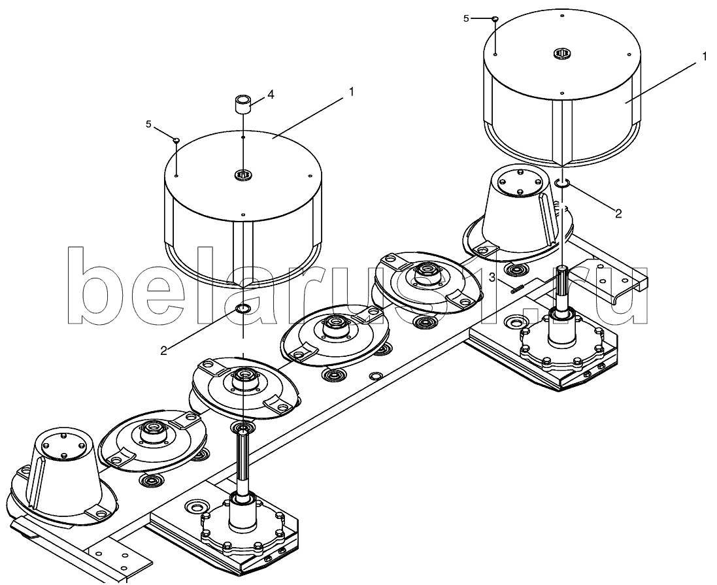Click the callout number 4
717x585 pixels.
[271, 94]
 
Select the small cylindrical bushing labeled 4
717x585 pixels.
[243, 105]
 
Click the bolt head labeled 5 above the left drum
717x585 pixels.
[176, 140]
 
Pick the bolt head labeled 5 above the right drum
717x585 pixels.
[495, 18]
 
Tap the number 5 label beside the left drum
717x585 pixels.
[148, 124]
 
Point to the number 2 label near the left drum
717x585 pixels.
[164, 350]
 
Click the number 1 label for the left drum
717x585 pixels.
[352, 92]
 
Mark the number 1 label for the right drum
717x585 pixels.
[705, 57]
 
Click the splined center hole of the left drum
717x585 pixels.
[242, 175]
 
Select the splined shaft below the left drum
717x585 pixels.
[243, 458]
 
